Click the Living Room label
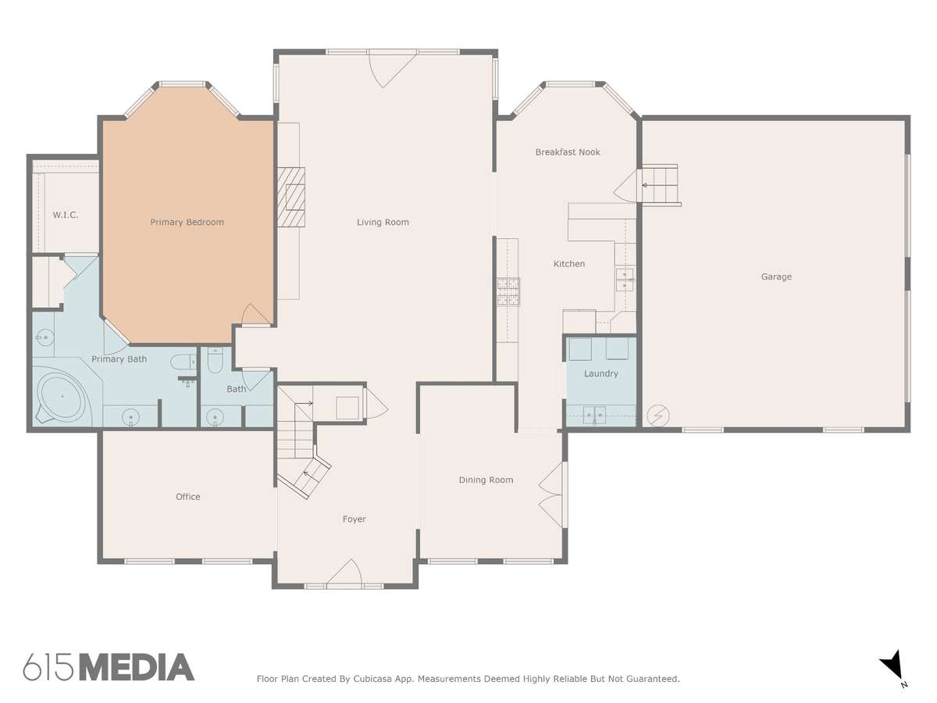tap(383, 222)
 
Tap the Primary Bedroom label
tap(187, 222)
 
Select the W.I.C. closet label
tap(66, 215)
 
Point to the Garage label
tap(776, 277)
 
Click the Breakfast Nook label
tap(568, 152)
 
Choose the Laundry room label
tap(600, 373)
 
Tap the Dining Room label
tap(486, 480)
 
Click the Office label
tap(188, 497)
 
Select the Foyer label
tap(354, 519)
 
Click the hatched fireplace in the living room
tap(291, 197)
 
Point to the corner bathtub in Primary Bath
tap(62, 397)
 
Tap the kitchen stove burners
tap(508, 291)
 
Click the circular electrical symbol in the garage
tap(657, 415)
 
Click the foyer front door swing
tap(345, 572)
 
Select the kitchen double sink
tap(625, 280)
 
